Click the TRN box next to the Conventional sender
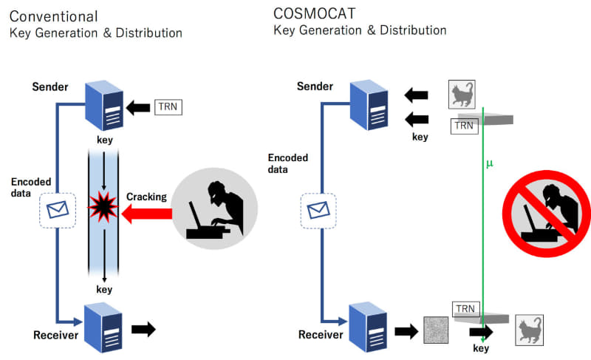tap(167, 108)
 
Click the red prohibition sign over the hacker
tap(544, 211)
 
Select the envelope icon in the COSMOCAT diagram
tap(318, 211)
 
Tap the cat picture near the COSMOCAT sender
tap(462, 95)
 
